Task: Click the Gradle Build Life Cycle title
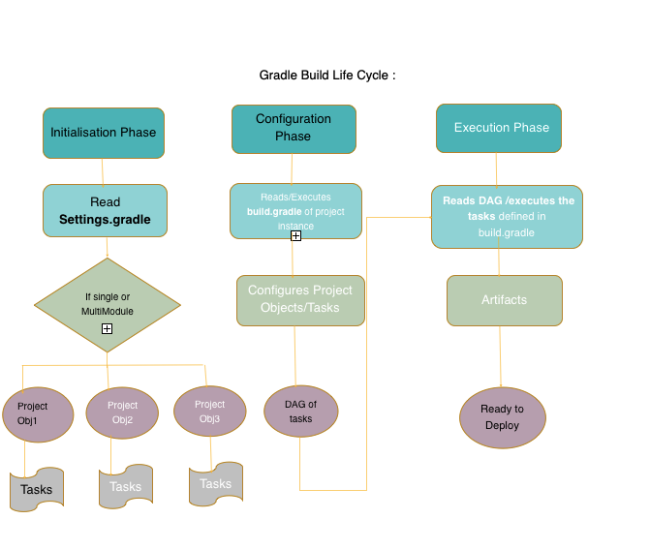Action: (x=326, y=75)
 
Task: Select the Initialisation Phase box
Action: (x=104, y=133)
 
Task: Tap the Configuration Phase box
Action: (x=294, y=129)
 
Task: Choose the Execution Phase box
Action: (x=499, y=128)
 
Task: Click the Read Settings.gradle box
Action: (x=105, y=210)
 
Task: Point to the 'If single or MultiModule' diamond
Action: (x=107, y=304)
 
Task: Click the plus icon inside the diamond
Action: (x=107, y=329)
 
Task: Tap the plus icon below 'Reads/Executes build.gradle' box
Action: (x=295, y=235)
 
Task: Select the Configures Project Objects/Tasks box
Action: (x=300, y=300)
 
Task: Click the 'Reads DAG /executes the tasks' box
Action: (x=507, y=216)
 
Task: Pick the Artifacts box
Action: (x=504, y=300)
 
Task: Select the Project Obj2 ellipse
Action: (x=122, y=412)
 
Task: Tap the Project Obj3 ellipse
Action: (x=209, y=411)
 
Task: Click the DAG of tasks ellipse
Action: (x=300, y=412)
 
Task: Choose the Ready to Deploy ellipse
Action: (x=502, y=417)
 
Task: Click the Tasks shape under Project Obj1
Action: (x=37, y=489)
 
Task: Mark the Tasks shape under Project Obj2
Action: (x=125, y=486)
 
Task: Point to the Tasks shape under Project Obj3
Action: (x=215, y=483)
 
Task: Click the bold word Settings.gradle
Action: (x=105, y=219)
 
